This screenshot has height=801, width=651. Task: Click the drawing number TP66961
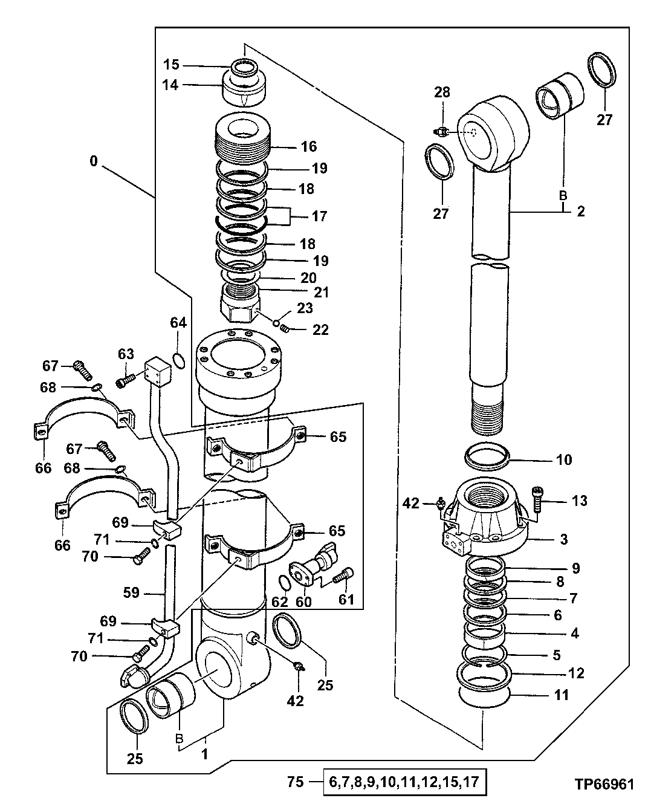pos(604,785)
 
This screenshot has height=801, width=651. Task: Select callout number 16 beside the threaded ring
pos(308,147)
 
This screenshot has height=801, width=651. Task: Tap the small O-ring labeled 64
pos(178,360)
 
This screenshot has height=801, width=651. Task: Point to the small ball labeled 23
pos(276,322)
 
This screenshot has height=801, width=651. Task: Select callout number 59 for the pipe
pos(132,593)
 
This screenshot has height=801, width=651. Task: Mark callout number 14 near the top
pos(171,85)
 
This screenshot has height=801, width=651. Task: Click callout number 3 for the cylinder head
pos(563,539)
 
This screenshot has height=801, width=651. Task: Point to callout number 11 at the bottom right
pos(562,695)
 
